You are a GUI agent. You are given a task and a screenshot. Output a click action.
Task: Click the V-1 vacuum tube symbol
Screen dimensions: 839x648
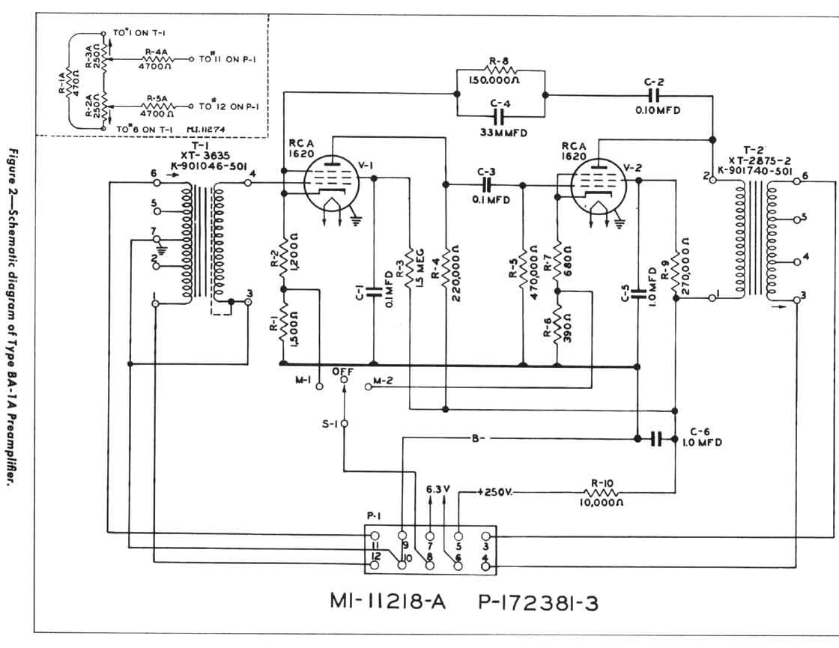[330, 183]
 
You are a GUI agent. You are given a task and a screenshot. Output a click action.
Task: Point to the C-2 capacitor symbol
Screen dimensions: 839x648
[654, 95]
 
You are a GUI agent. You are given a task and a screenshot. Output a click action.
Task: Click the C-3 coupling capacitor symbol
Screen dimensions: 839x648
[486, 184]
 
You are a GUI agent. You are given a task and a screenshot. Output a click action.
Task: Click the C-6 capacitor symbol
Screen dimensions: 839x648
[657, 439]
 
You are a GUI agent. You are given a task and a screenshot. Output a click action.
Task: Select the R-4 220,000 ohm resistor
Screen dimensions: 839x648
[445, 273]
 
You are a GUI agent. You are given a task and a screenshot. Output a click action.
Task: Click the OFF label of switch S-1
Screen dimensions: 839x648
[342, 372]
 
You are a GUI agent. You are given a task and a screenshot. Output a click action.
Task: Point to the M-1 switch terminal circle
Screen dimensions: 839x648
[319, 387]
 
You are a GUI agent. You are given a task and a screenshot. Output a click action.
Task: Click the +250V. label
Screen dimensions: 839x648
[495, 491]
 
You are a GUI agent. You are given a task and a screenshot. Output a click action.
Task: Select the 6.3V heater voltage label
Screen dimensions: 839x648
[437, 489]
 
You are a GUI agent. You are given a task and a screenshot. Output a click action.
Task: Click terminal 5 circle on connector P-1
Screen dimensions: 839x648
[458, 536]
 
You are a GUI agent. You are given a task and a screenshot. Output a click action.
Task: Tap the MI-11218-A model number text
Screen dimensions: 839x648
[388, 602]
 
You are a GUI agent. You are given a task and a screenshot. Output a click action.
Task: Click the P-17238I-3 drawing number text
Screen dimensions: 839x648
[539, 602]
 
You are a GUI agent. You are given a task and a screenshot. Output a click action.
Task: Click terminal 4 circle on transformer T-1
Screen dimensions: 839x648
[248, 183]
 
